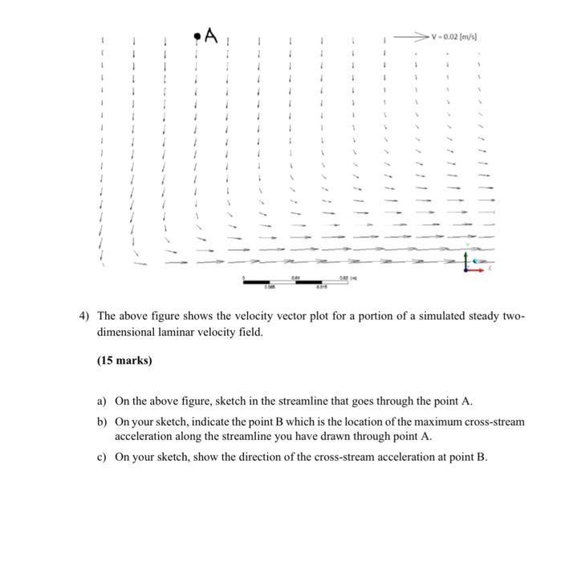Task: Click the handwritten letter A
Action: click(x=211, y=35)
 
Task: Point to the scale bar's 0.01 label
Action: click(x=296, y=276)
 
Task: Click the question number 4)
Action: click(x=83, y=316)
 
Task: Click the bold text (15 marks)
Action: click(x=124, y=361)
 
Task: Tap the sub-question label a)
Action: click(x=102, y=400)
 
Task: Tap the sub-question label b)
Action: click(x=102, y=422)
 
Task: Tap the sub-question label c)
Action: click(x=102, y=458)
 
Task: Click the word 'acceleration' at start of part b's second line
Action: click(x=145, y=437)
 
